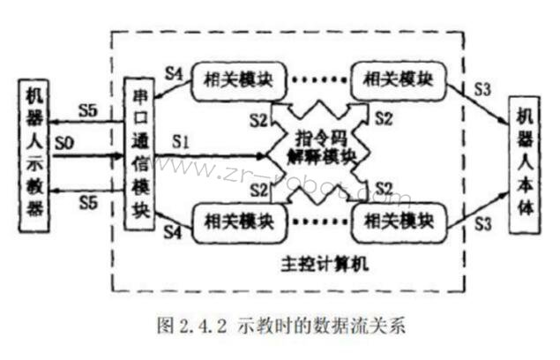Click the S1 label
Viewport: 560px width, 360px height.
[x=181, y=139]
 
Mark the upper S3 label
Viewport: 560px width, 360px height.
[x=482, y=88]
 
